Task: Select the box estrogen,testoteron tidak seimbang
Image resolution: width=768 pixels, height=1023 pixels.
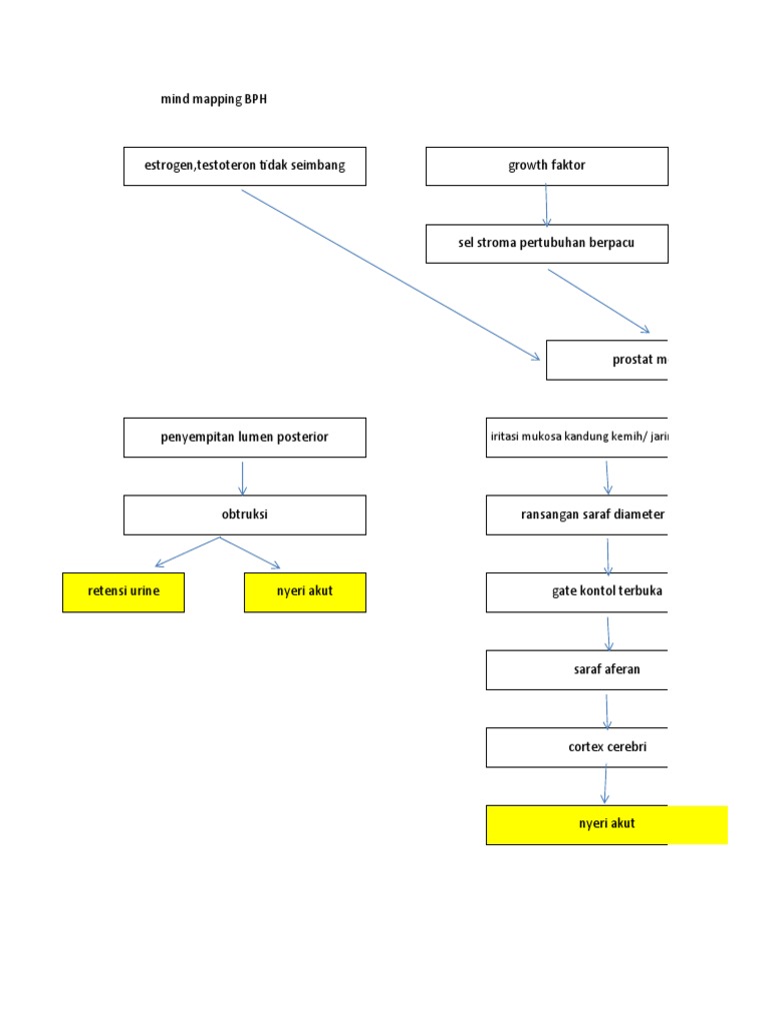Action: click(x=244, y=166)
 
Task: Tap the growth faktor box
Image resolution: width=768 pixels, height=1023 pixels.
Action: click(x=546, y=166)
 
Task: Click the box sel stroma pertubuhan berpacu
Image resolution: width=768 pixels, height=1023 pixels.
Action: click(x=546, y=244)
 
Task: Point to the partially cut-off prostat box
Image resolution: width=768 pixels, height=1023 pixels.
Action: click(x=607, y=360)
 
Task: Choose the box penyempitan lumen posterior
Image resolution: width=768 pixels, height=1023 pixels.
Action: click(x=244, y=438)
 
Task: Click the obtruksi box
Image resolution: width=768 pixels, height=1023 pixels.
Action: click(x=244, y=515)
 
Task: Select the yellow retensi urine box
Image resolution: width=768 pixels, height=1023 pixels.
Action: click(x=123, y=592)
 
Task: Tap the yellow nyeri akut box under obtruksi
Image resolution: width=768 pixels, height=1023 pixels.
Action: click(x=305, y=592)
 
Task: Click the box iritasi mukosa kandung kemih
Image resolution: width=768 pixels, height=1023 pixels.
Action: click(x=577, y=438)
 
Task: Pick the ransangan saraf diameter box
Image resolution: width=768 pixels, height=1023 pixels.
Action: click(x=577, y=515)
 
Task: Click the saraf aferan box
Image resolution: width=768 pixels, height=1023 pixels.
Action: click(x=577, y=670)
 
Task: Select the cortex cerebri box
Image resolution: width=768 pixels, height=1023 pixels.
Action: click(x=577, y=747)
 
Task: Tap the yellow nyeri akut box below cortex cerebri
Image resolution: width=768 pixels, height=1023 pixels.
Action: click(x=606, y=825)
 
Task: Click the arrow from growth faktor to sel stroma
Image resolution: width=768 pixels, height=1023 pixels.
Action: click(x=546, y=205)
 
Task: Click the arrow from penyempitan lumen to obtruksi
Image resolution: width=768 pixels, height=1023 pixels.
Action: click(x=243, y=477)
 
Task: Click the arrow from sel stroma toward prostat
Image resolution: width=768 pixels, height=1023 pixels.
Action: click(x=599, y=300)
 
